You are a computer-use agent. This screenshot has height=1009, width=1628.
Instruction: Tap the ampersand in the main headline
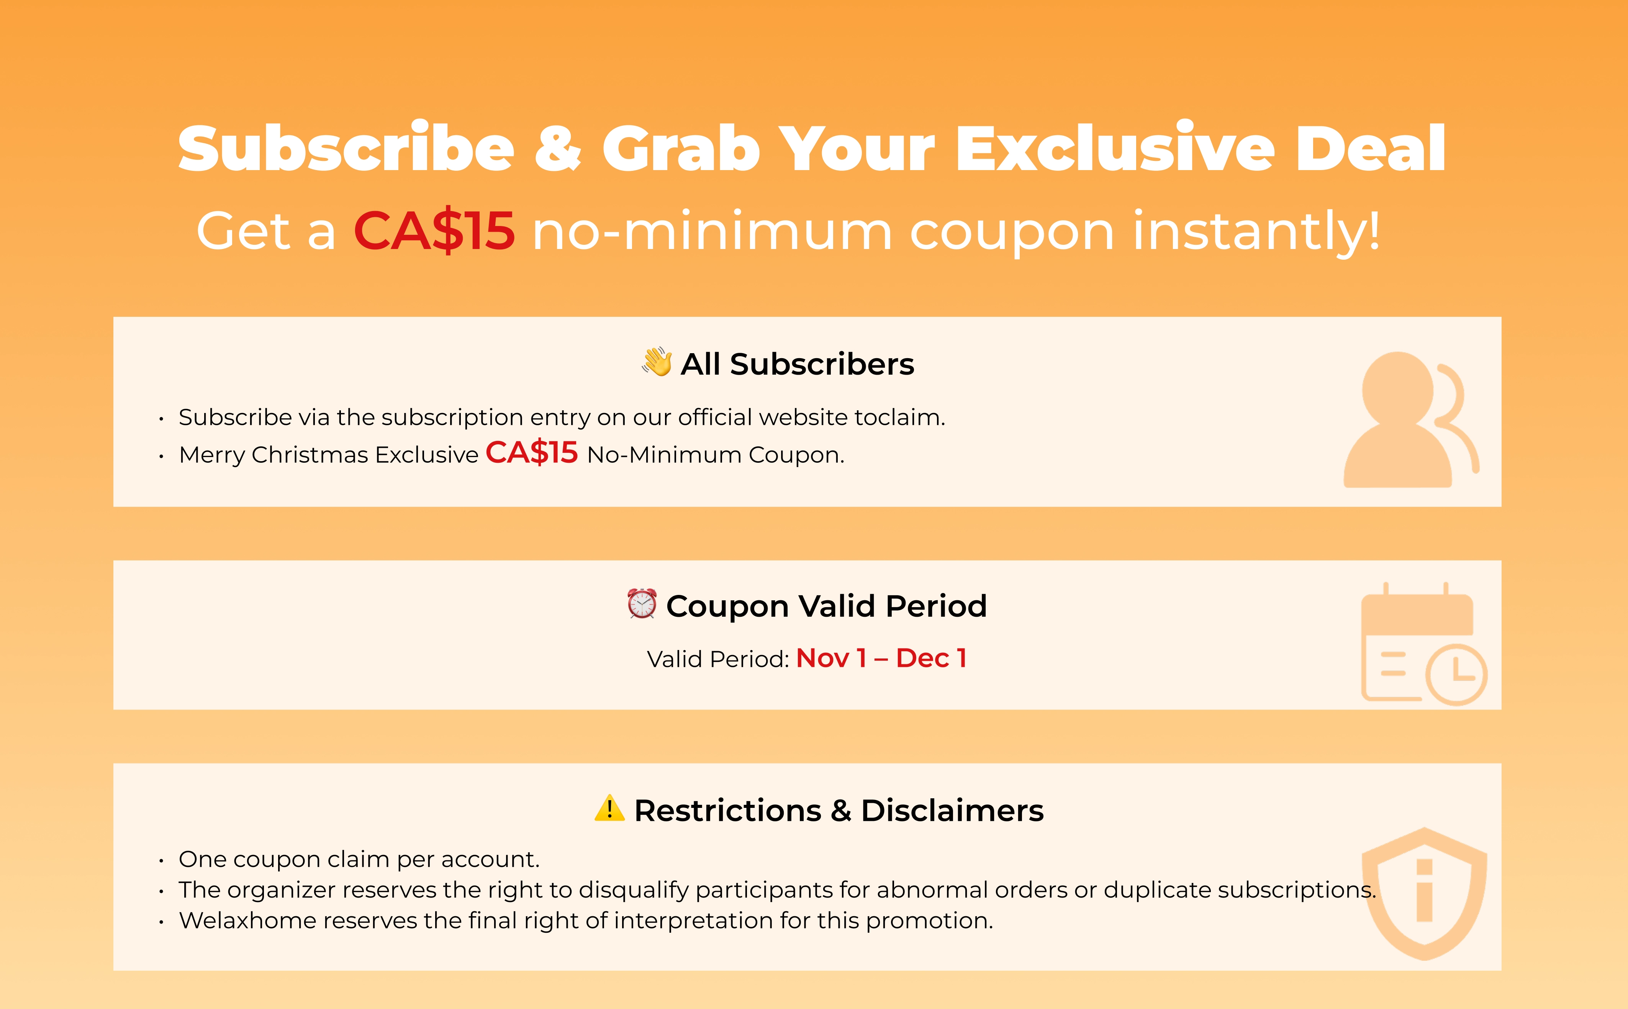558,148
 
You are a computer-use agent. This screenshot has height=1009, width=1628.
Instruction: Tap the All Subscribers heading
797,364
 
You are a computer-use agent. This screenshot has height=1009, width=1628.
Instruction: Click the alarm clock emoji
642,603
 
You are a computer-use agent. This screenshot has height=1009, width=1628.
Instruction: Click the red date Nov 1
831,658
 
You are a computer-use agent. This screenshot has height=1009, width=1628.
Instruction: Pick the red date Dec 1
931,658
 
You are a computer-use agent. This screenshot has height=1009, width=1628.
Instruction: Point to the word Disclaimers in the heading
952,811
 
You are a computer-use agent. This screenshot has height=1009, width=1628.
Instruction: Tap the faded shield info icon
1425,894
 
